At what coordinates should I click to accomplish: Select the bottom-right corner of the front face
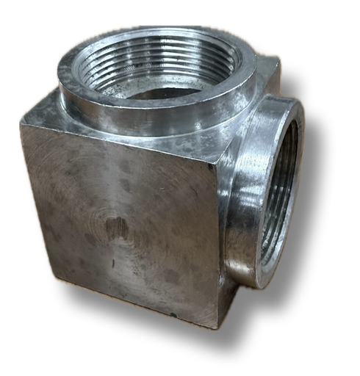[x=217, y=328]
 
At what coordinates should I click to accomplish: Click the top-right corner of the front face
[x=220, y=158]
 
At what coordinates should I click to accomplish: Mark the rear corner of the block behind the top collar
[x=275, y=59]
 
